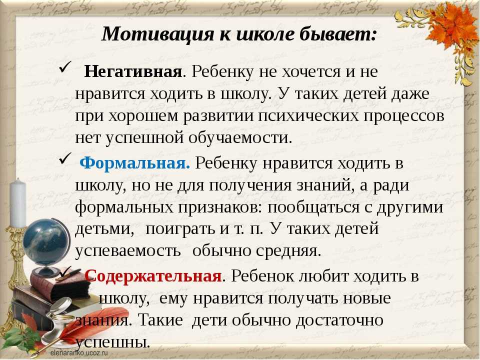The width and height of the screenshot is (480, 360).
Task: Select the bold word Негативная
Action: pos(133,71)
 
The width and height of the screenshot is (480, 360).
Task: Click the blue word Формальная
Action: pos(134,162)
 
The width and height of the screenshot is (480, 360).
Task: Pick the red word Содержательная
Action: pos(153,276)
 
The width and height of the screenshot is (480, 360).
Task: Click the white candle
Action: pos(18,203)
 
